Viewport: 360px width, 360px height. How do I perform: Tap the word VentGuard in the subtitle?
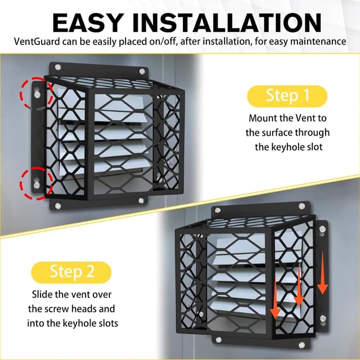[x=34, y=41]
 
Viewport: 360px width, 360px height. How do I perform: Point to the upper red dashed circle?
[x=36, y=93]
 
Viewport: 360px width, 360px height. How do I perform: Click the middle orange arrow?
[x=299, y=284]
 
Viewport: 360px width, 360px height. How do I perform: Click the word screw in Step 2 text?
[x=53, y=309]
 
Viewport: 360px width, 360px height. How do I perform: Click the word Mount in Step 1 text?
[x=263, y=118]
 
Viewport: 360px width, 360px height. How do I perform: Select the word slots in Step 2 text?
[x=104, y=323]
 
